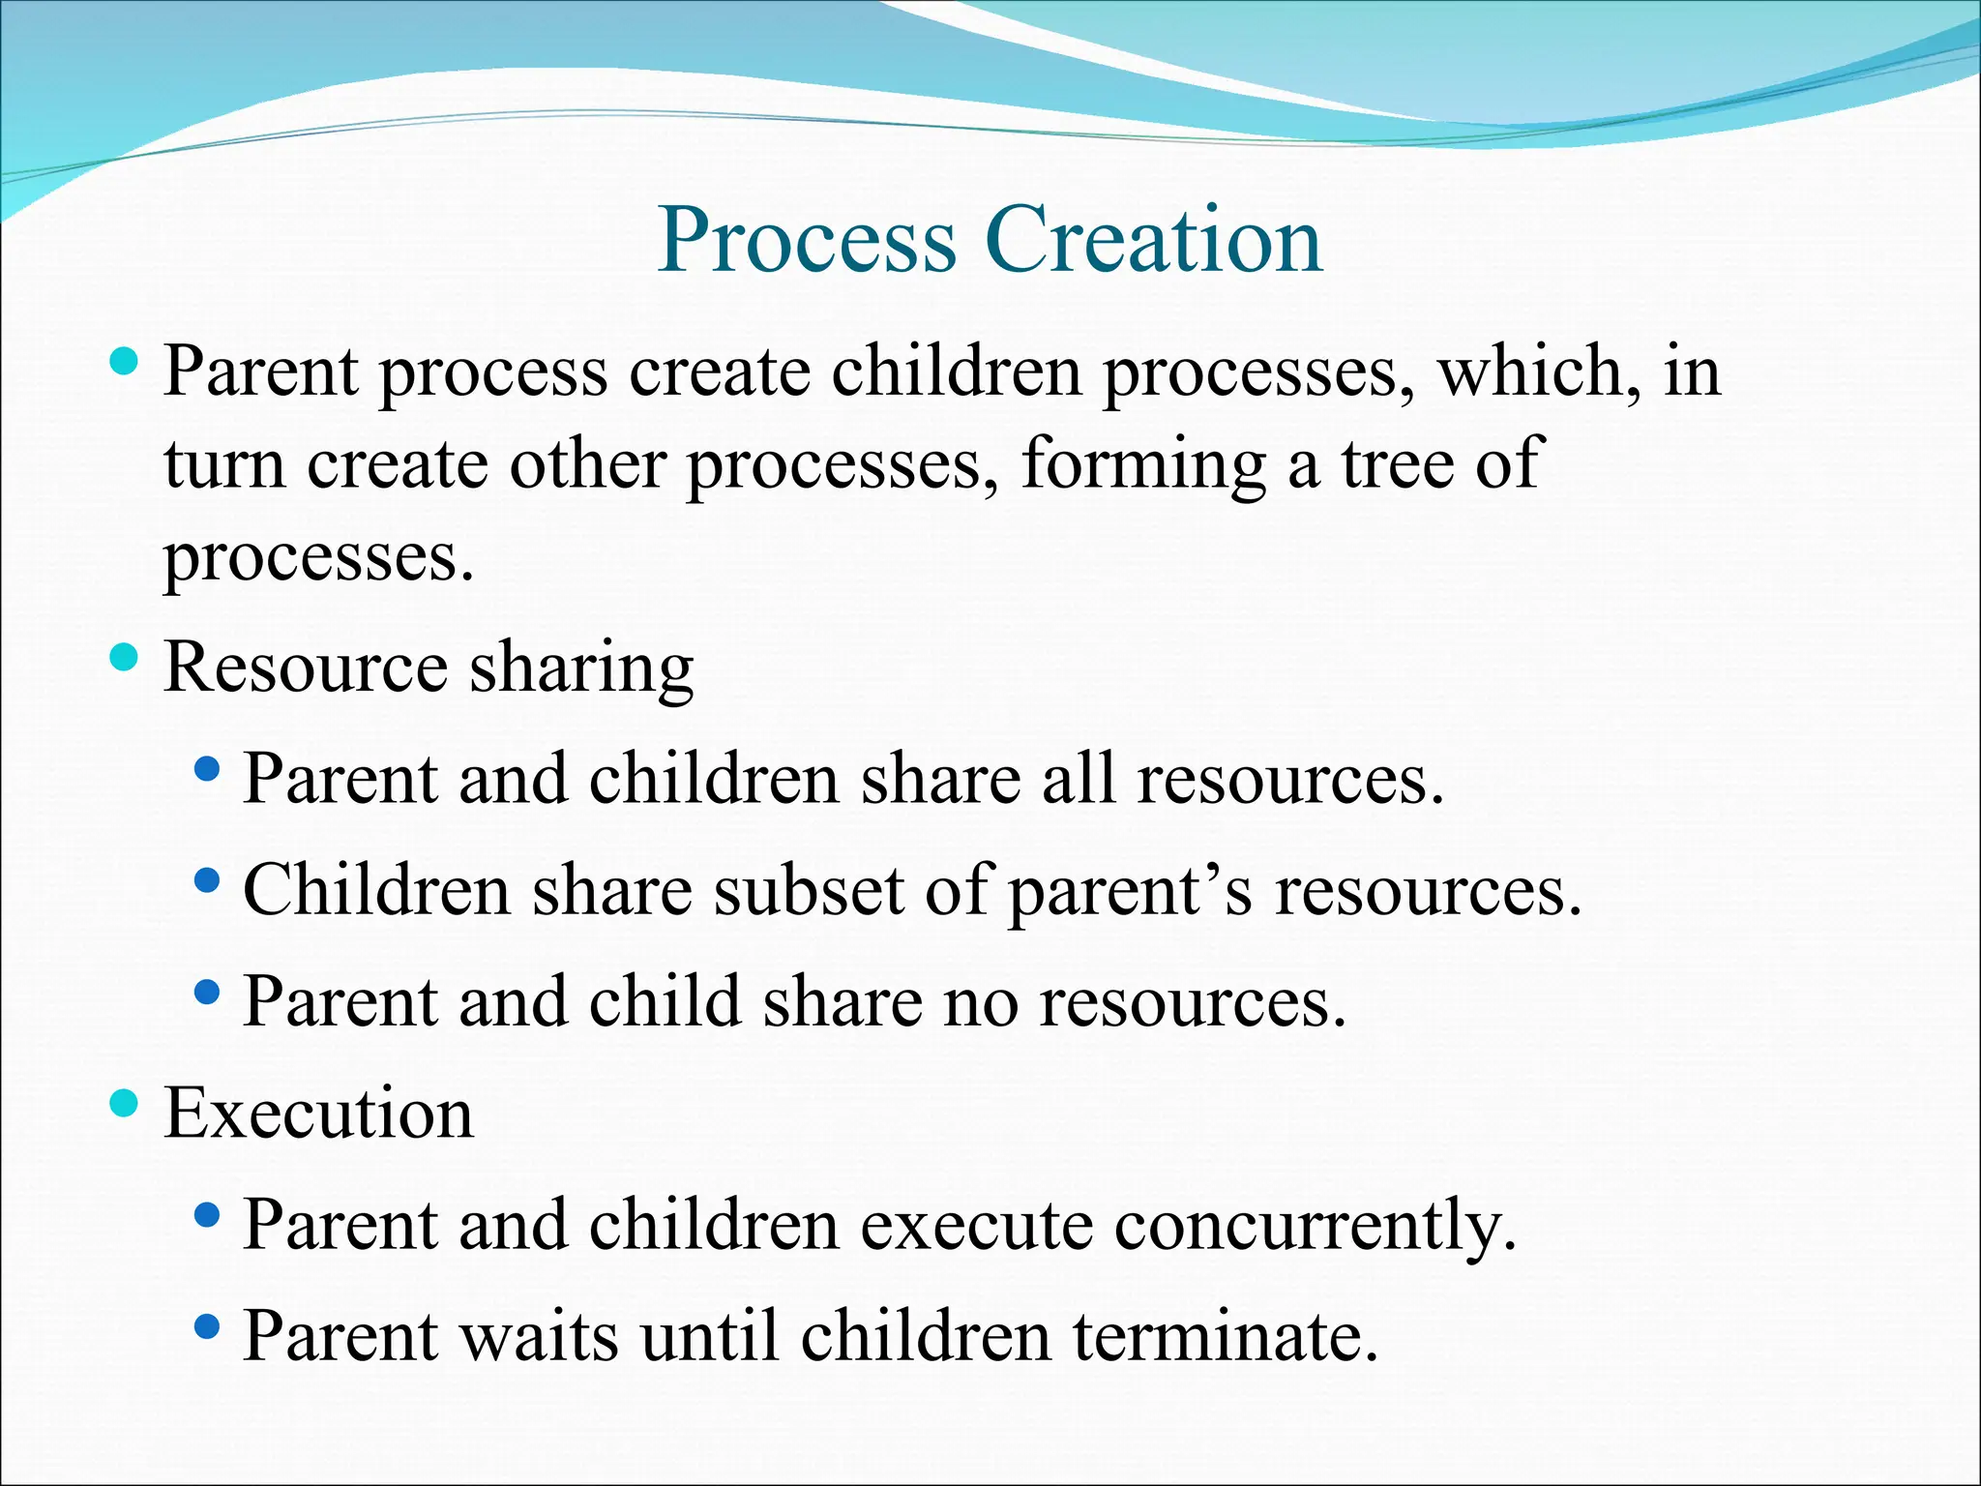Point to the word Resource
tap(306, 668)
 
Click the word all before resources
tap(1078, 779)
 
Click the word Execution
tap(319, 1113)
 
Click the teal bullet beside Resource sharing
tap(125, 659)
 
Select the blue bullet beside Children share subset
tap(206, 880)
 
